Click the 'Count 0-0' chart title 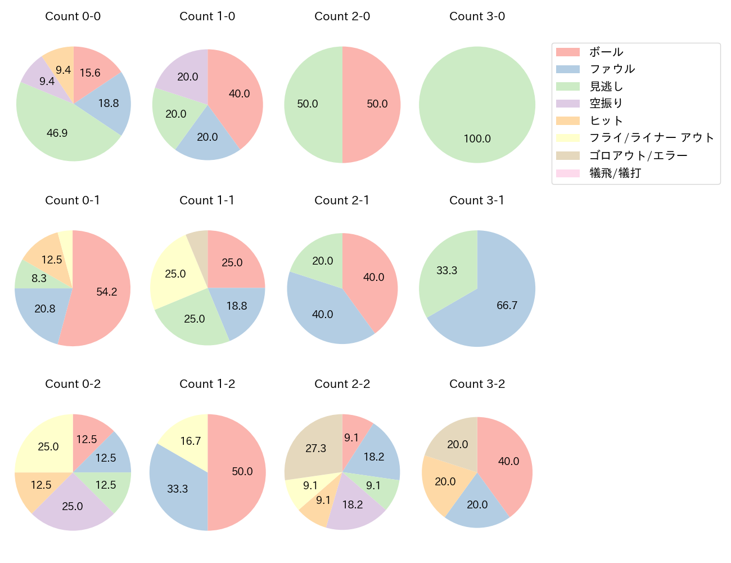(x=73, y=16)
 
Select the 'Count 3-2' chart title (x=477, y=384)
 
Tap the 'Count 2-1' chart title (x=342, y=200)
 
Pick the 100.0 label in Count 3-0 (x=477, y=138)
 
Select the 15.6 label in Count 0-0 (x=90, y=73)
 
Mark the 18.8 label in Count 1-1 (x=237, y=306)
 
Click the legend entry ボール (x=606, y=52)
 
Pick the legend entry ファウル (x=612, y=69)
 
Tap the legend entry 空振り (x=606, y=104)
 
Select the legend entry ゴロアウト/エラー (x=638, y=155)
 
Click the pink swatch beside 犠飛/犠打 (x=568, y=173)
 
